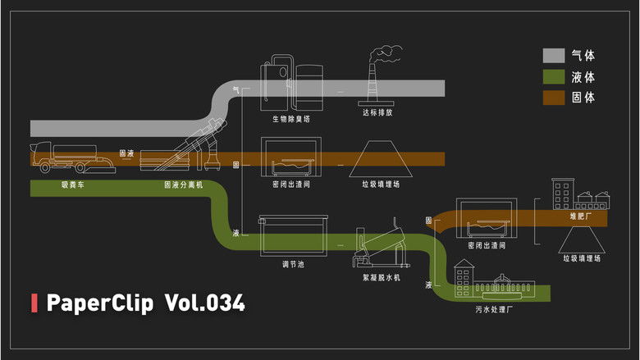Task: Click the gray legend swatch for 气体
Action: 554,56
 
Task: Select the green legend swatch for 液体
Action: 554,77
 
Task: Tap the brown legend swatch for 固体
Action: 554,98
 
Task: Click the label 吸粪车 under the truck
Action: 71,185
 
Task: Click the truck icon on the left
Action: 71,158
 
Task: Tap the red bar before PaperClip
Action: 34,303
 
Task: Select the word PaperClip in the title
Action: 100,303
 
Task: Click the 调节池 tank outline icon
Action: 293,236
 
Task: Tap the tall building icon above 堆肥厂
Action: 563,194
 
